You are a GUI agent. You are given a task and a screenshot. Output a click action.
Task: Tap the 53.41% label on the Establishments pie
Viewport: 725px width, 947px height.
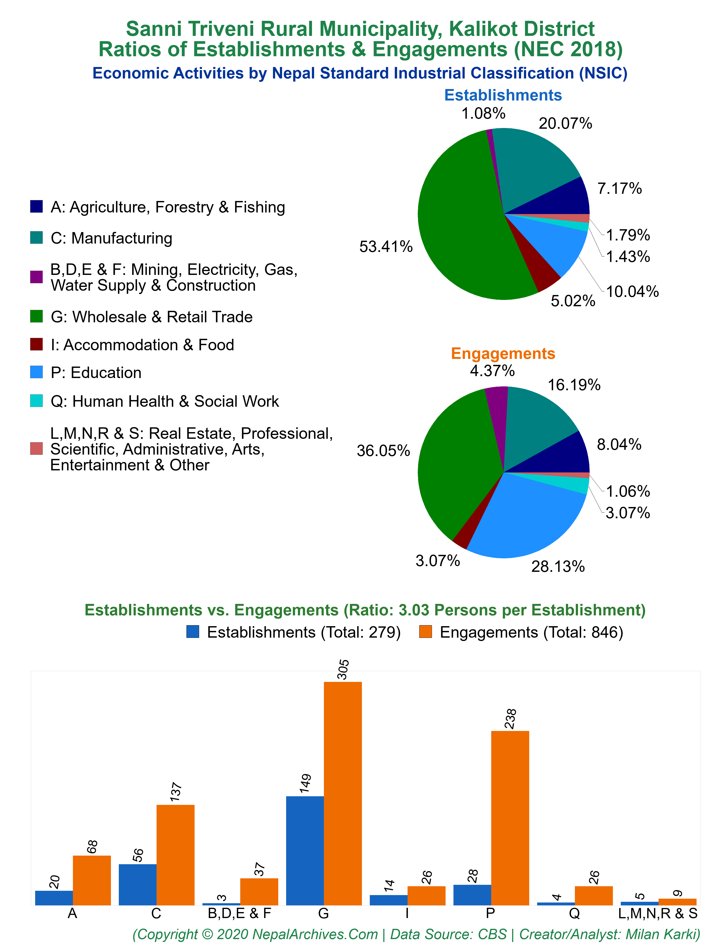pos(386,247)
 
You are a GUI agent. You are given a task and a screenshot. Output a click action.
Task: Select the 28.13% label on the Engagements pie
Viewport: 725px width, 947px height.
pos(558,566)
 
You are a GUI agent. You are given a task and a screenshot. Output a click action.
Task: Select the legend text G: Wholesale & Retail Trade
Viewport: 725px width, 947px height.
pos(152,317)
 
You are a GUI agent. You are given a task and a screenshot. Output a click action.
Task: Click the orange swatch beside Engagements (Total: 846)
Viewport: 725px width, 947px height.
pos(425,632)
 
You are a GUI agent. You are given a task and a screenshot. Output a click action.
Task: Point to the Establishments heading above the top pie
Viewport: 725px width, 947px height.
pos(503,95)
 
